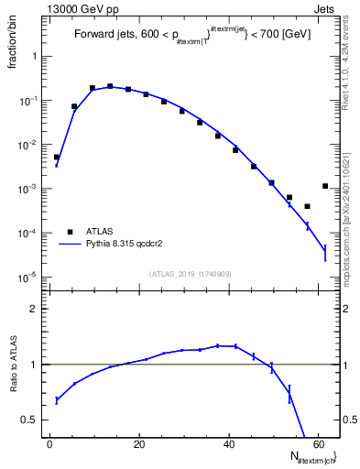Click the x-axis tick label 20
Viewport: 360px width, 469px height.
click(x=138, y=444)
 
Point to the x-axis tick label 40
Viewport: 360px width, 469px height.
click(x=227, y=444)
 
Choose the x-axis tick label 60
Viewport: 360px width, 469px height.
click(x=316, y=444)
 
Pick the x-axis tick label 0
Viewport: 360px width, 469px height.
click(x=49, y=444)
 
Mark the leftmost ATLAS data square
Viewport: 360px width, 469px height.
click(x=56, y=157)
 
